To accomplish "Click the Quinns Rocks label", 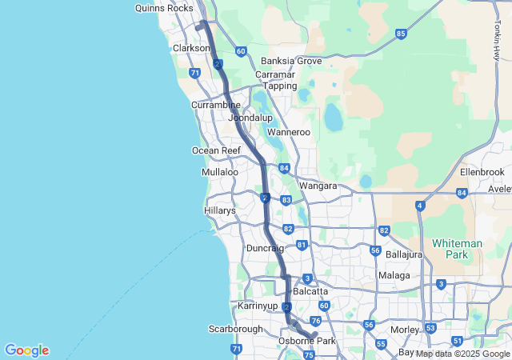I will tap(164, 7).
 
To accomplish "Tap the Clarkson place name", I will tap(191, 48).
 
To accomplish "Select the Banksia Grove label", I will tap(291, 61).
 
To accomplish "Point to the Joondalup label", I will tap(250, 118).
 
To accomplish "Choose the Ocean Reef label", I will tap(216, 150).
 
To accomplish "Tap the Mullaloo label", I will tap(220, 172).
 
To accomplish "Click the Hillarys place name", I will tap(220, 210).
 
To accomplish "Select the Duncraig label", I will tap(265, 249).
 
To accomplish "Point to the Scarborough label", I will tap(236, 329).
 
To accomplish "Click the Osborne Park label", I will tap(306, 342).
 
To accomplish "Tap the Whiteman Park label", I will tap(455, 248).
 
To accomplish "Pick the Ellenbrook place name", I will tap(482, 172).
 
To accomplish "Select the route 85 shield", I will tap(401, 34).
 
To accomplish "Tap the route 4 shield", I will tap(420, 206).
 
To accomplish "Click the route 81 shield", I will tap(302, 245).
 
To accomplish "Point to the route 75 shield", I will tap(310, 354).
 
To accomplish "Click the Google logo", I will tap(26, 350).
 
